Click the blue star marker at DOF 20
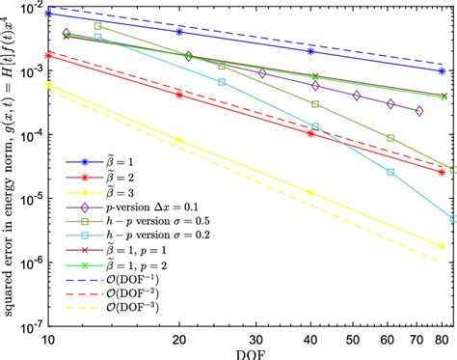tap(179, 32)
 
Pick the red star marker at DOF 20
tap(179, 95)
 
